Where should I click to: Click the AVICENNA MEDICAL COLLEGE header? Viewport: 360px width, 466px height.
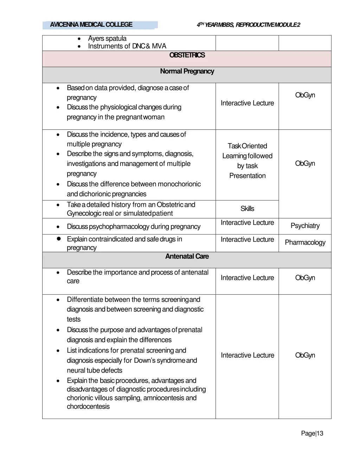coord(91,25)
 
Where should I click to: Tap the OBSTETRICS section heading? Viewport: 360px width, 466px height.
coord(187,55)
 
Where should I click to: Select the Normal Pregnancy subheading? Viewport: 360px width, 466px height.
coord(187,71)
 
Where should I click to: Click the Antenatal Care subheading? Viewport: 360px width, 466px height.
coord(187,256)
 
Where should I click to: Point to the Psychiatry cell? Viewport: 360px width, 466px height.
coord(305,226)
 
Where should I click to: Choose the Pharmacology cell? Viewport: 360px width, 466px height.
coord(305,242)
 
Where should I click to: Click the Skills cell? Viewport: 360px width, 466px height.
coord(247,209)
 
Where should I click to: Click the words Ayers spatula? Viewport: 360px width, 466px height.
coord(107,38)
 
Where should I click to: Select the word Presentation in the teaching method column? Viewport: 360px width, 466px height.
coord(247,175)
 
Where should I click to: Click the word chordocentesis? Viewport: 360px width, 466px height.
coord(88,407)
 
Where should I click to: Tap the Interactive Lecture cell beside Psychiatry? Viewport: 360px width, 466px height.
coord(247,223)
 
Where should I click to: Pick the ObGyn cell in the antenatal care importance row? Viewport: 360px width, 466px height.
coord(305,278)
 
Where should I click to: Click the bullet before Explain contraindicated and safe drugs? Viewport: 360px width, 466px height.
coord(59,239)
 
